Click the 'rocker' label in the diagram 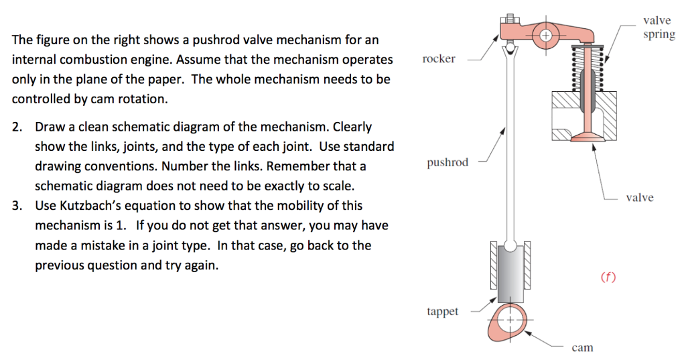(x=438, y=59)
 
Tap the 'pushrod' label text (x=448, y=162)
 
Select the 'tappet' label (x=442, y=311)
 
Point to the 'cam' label (x=582, y=348)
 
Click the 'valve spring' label (x=659, y=27)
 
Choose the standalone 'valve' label (x=640, y=198)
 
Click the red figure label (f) (x=608, y=277)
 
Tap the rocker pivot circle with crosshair (x=545, y=36)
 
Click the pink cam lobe (x=508, y=322)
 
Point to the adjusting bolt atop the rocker (x=510, y=19)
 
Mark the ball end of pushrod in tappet (x=510, y=245)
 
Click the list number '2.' (x=17, y=127)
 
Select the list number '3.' (x=17, y=206)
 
